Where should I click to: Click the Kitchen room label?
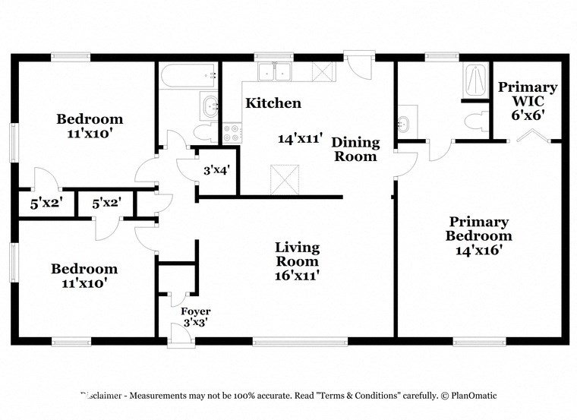(273, 103)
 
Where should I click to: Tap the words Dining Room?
(355, 149)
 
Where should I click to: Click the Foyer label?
(195, 311)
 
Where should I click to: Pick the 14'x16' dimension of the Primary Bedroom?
(478, 248)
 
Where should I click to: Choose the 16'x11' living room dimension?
(297, 276)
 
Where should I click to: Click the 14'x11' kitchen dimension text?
(301, 138)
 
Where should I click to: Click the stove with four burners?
(232, 134)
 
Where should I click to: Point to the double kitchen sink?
(276, 73)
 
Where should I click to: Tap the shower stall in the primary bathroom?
(475, 81)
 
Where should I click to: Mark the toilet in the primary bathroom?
(476, 122)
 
